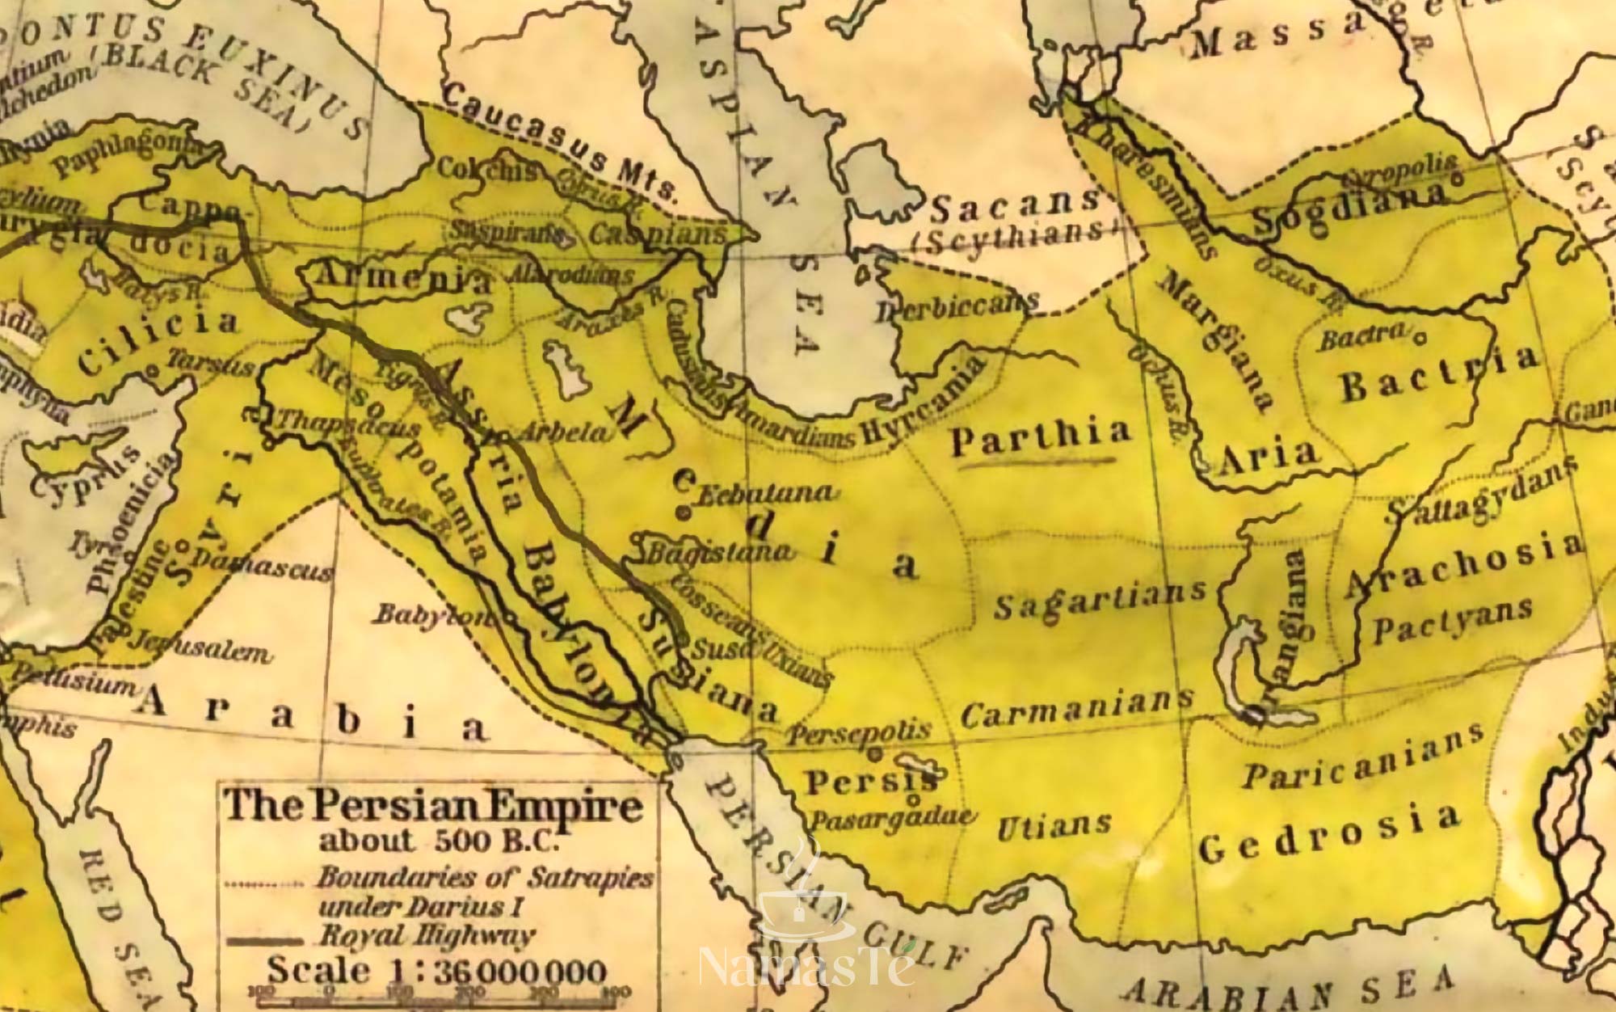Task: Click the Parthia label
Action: [1041, 436]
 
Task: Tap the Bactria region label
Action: [1438, 376]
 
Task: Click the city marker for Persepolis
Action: [874, 753]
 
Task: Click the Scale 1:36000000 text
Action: [436, 969]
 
